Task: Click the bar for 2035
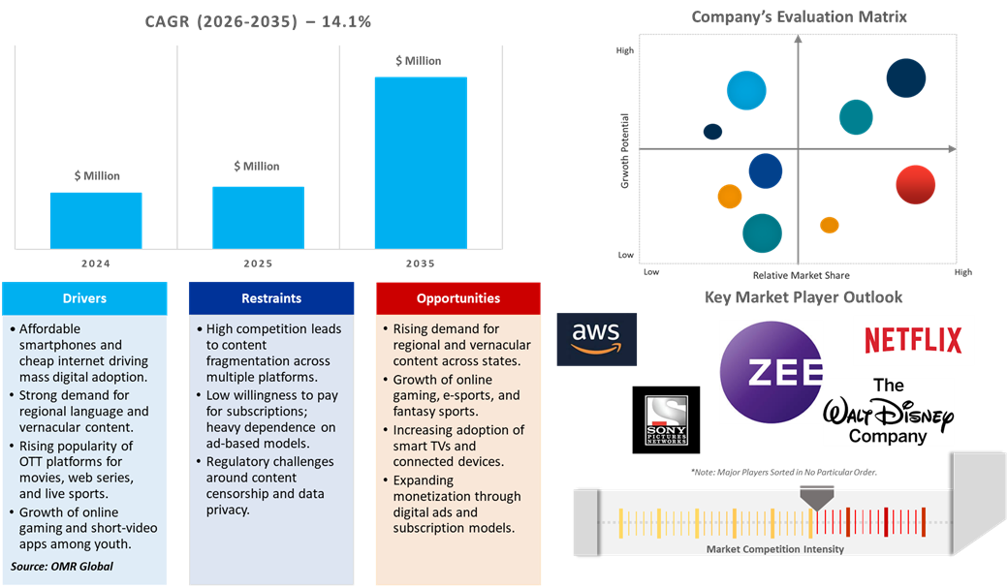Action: (x=420, y=162)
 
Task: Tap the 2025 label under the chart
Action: (x=258, y=263)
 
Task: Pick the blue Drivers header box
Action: (x=85, y=298)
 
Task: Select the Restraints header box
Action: (x=271, y=298)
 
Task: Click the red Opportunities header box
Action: (x=458, y=298)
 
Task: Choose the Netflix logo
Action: (x=913, y=340)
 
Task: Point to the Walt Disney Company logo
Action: (x=888, y=413)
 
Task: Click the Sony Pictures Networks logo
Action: (x=667, y=419)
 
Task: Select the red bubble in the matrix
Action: (x=915, y=185)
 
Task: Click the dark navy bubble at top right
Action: (x=906, y=78)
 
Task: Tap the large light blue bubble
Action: (x=746, y=91)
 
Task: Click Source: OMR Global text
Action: (x=62, y=566)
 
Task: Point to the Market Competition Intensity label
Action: (x=774, y=549)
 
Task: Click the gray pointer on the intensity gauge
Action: (x=816, y=497)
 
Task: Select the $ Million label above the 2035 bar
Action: (x=419, y=61)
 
